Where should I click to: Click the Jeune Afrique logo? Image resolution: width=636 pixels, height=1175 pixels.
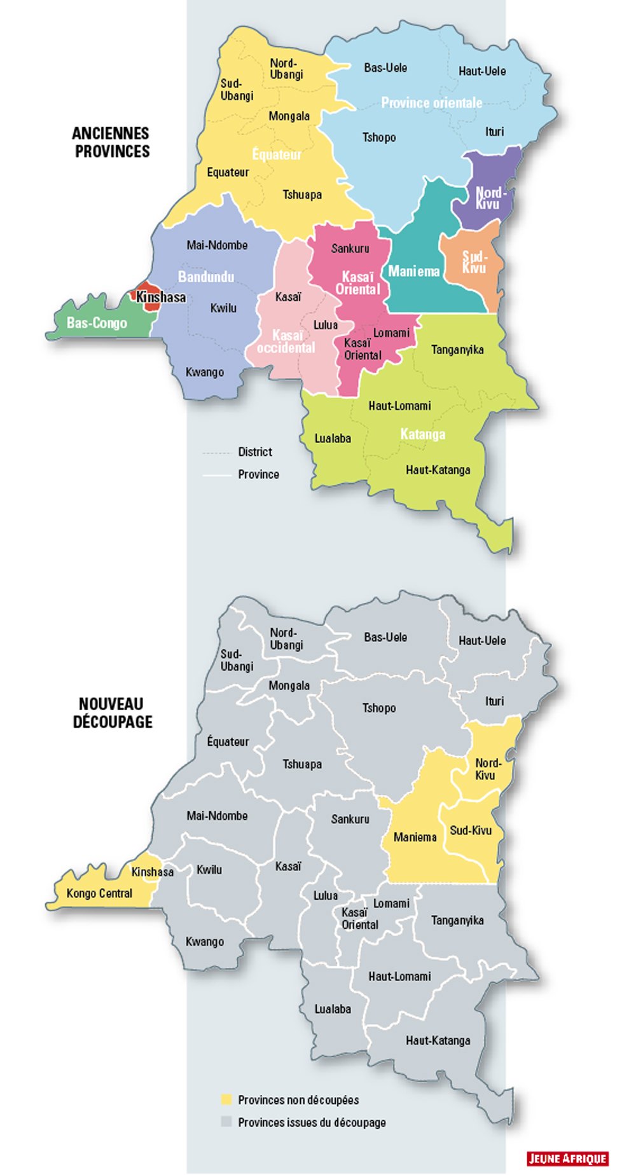(x=567, y=1158)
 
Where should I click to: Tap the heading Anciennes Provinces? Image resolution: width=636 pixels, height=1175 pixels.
(x=111, y=142)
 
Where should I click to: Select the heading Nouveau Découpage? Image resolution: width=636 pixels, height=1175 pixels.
(x=112, y=713)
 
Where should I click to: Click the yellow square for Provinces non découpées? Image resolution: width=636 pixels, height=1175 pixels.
(x=226, y=1099)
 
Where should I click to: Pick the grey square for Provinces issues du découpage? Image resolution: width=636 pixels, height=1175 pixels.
(x=226, y=1122)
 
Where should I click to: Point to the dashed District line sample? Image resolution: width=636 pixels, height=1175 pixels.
(x=216, y=453)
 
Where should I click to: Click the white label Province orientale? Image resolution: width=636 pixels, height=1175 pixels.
(x=431, y=102)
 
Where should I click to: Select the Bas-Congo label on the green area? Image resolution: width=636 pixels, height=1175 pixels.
(x=97, y=323)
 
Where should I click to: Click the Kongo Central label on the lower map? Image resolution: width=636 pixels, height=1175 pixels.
(x=99, y=893)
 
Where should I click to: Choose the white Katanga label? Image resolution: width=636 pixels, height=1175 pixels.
(x=422, y=434)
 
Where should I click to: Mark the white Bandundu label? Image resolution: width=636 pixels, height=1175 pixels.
(x=205, y=277)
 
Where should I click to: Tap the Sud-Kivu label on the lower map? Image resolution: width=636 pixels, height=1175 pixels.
(x=471, y=830)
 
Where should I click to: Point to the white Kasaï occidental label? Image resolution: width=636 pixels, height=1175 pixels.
(x=286, y=341)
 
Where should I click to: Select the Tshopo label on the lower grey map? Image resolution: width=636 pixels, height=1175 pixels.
(x=379, y=708)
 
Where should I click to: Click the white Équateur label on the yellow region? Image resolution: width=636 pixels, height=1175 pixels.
(x=277, y=155)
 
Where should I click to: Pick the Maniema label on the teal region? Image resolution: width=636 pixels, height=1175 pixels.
(x=414, y=271)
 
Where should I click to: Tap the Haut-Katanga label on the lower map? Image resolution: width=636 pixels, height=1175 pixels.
(x=438, y=1040)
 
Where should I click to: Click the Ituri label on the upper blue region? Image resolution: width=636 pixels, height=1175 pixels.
(x=494, y=132)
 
